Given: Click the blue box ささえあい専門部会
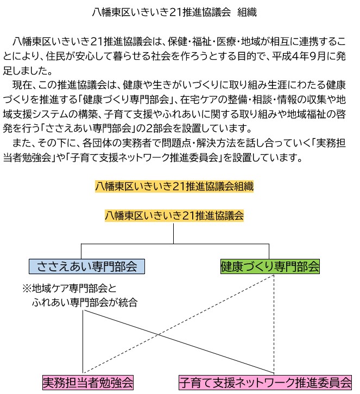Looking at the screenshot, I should pyautogui.click(x=87, y=266).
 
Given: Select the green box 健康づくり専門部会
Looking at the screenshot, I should pyautogui.click(x=270, y=266).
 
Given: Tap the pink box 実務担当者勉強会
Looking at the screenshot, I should pyautogui.click(x=88, y=382).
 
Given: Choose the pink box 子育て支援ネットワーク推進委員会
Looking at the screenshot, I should pyautogui.click(x=266, y=382).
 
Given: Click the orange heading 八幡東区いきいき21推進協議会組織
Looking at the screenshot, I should pyautogui.click(x=174, y=186).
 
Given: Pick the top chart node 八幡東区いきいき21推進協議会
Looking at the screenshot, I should pyautogui.click(x=174, y=215).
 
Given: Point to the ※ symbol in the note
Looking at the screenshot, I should pyautogui.click(x=26, y=288).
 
